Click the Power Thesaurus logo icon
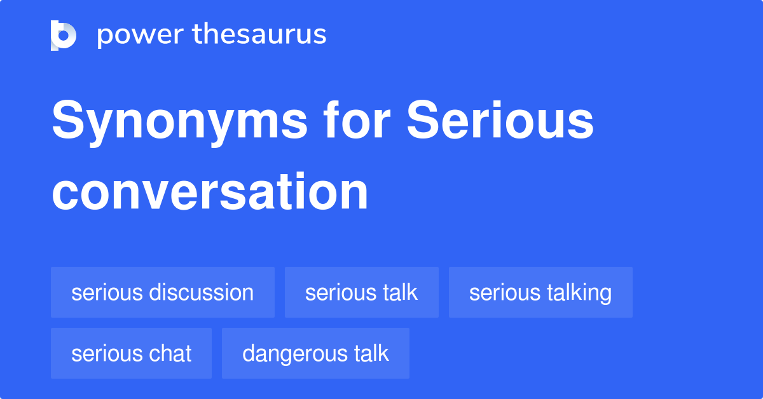[x=64, y=35]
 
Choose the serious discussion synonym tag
[x=163, y=292]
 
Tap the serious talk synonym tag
[x=361, y=292]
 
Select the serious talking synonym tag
[x=540, y=292]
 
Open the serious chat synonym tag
[x=131, y=353]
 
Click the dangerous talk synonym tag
[x=315, y=353]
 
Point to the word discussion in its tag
[x=201, y=292]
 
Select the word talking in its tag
[x=579, y=293]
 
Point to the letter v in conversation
[x=182, y=192]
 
